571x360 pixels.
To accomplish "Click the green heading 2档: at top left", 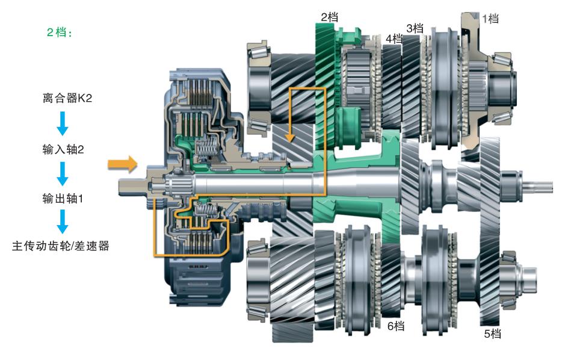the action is [60, 33].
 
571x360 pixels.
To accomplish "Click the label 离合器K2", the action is [67, 98].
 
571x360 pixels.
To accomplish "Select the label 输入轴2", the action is [63, 149].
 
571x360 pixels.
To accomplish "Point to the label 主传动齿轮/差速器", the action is [60, 246].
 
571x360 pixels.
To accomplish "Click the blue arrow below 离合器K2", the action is [63, 123].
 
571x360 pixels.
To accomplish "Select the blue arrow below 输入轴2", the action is [63, 174].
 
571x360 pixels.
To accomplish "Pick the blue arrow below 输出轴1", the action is [63, 222].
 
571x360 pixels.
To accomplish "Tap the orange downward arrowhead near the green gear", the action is [290, 137].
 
